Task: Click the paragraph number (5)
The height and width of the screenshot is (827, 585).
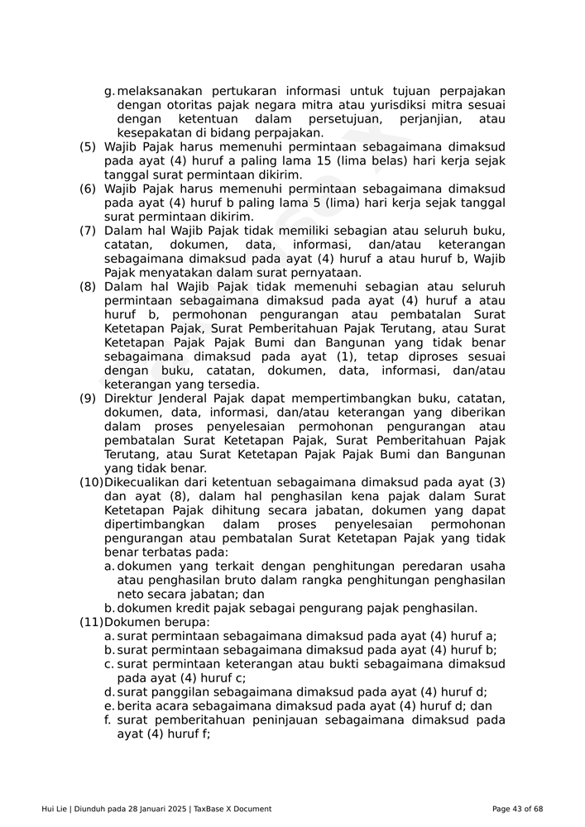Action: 87,146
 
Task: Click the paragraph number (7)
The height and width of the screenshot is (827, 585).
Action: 87,231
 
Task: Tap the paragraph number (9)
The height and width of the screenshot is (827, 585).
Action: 87,399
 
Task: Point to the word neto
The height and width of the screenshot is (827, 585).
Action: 131,594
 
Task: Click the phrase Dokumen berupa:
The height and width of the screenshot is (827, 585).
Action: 157,622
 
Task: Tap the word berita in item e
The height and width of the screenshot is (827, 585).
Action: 134,706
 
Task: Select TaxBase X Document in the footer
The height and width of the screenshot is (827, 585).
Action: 233,809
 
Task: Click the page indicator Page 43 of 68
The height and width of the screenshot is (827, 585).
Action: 517,809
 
